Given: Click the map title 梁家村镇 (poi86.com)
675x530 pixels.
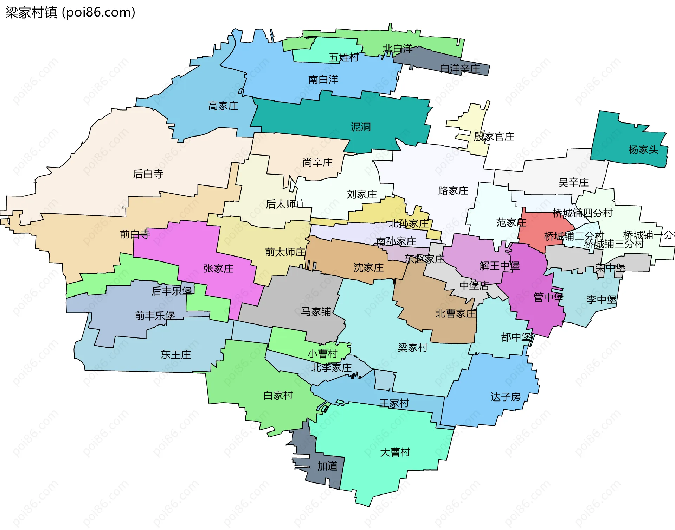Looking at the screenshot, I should coord(70,13).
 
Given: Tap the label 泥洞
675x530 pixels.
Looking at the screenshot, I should coord(360,127).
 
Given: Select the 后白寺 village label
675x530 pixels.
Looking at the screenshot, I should coord(148,174).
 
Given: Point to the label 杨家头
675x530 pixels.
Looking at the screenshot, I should coord(643,150).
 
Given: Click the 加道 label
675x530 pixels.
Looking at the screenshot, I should coord(327,466).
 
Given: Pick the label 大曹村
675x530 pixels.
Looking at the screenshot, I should coord(395,452).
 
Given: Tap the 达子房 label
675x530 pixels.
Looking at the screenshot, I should coord(506,397).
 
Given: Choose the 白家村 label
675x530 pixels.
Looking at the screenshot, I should coord(278,396).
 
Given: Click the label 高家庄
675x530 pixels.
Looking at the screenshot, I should coord(223,106).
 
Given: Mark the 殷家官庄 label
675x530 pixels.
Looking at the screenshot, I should coord(494,137).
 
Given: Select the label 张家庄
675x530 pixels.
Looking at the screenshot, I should coord(218,269).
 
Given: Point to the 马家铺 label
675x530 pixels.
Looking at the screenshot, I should coord(316,311).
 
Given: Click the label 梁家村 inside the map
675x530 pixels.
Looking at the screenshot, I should coord(412,348).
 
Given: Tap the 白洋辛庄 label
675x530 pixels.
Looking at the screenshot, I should coord(459,69).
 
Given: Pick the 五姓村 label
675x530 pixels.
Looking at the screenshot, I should coord(343,57).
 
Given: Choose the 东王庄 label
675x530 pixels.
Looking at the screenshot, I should coord(175,354).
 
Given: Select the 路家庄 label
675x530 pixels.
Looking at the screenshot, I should coord(453,191).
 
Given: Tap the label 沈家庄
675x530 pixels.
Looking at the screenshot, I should coord(368,267).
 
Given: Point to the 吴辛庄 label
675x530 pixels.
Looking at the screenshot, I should coord(573,182).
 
